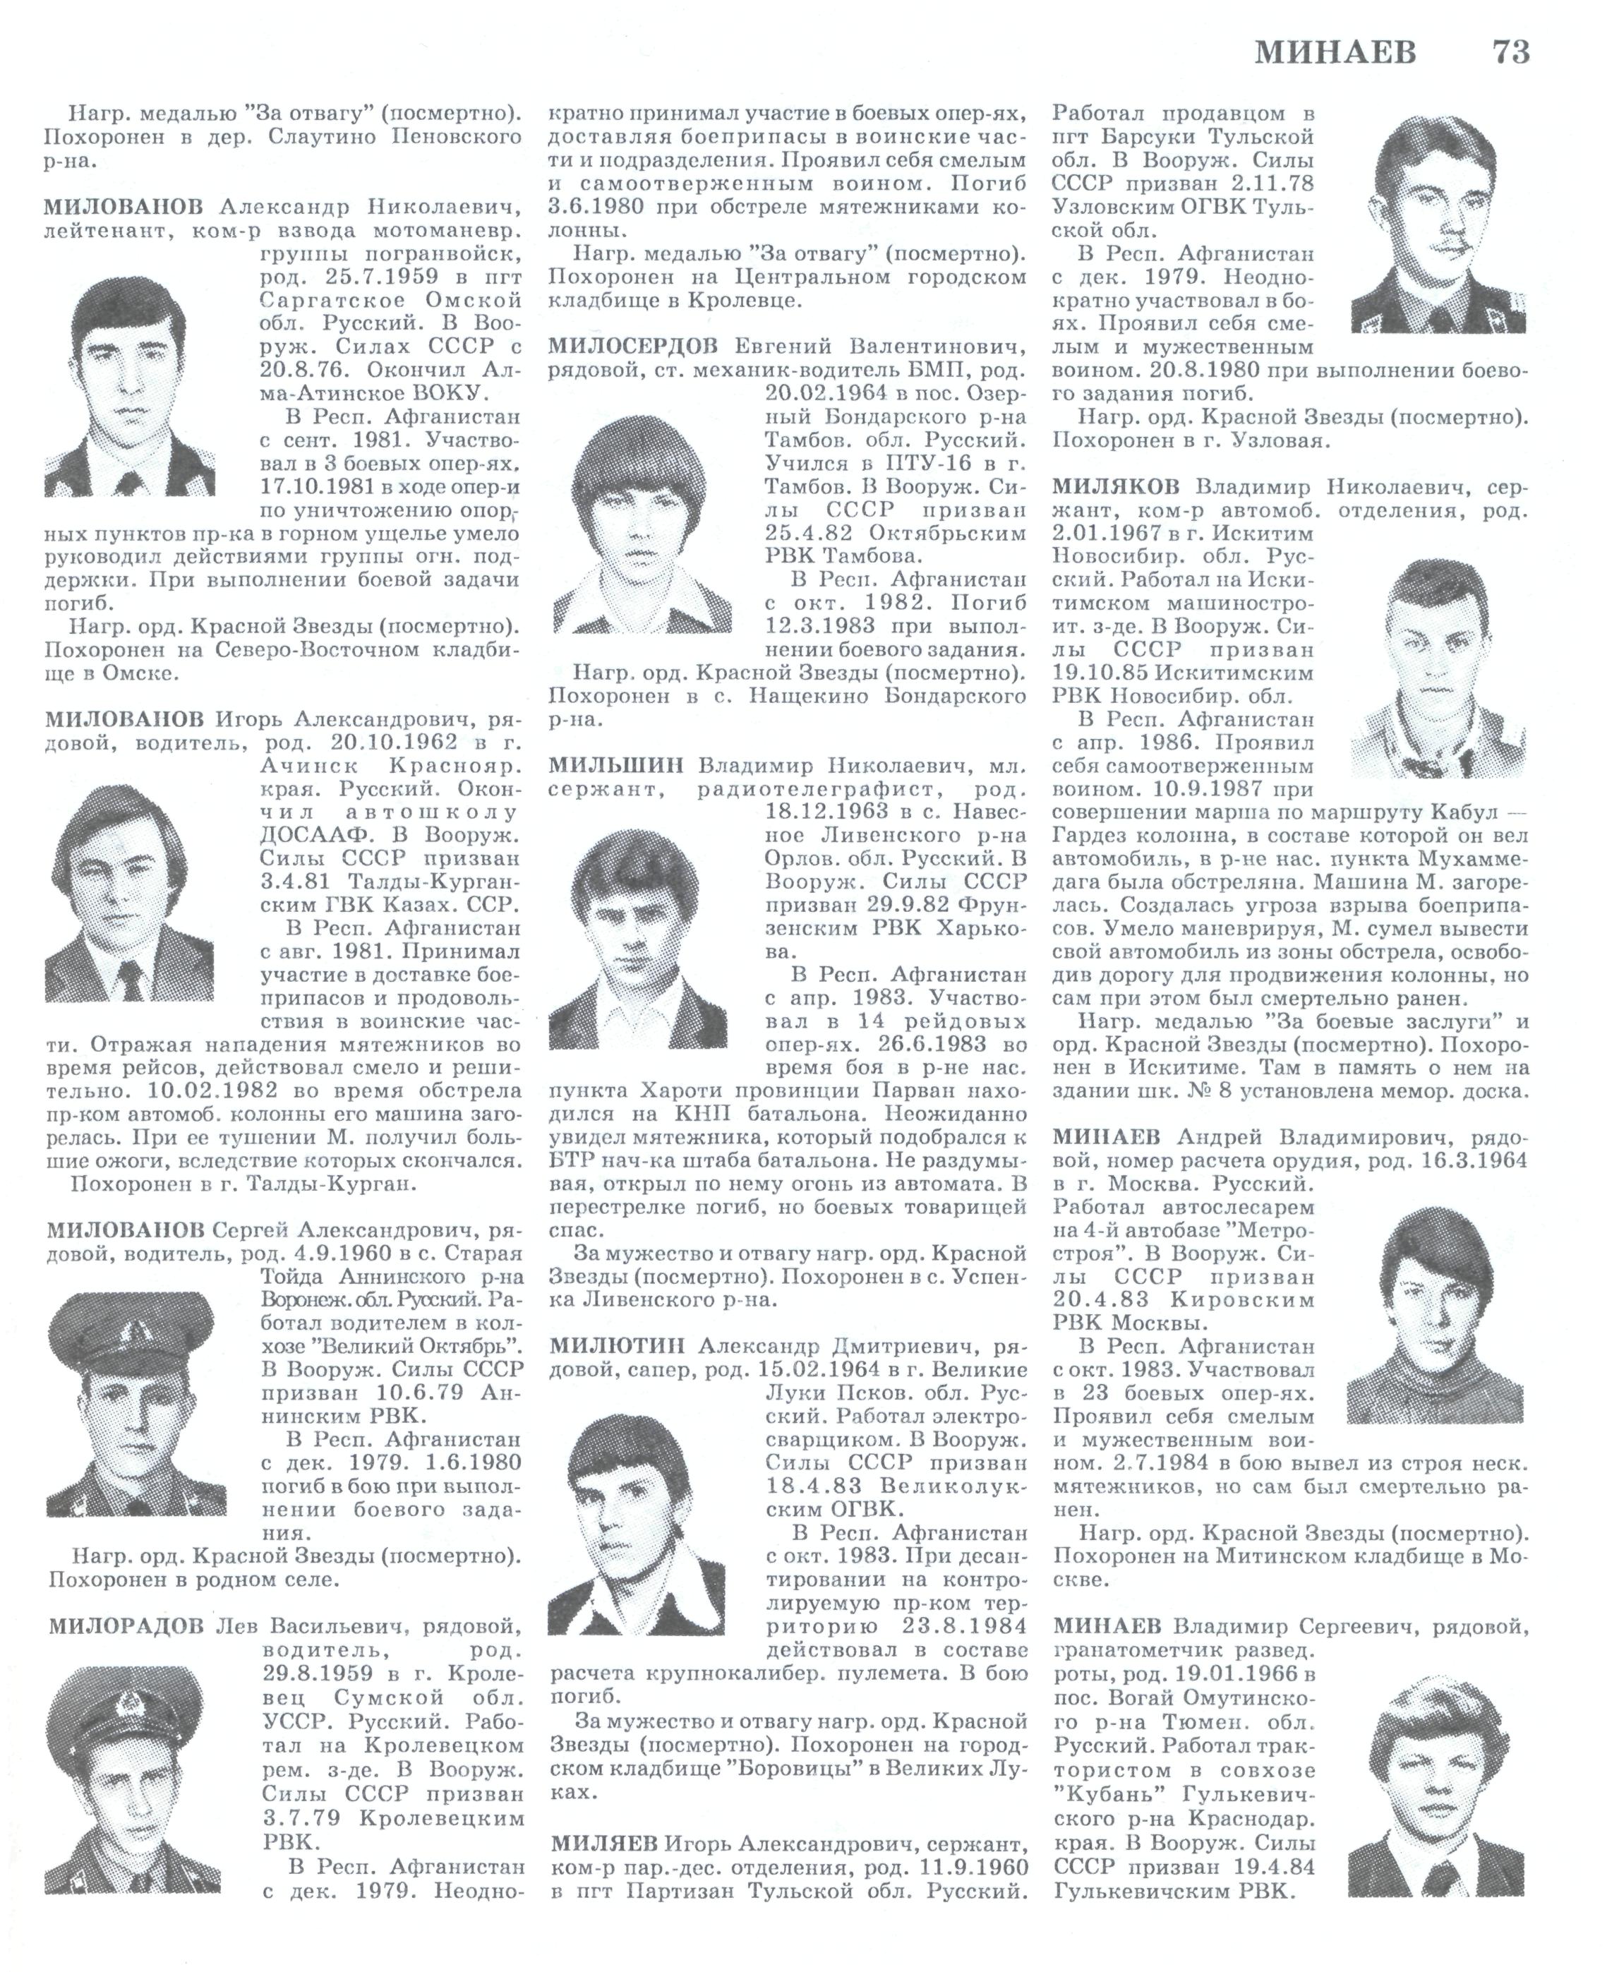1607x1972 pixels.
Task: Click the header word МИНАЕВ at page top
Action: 1336,53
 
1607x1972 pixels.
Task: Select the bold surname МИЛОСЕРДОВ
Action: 633,348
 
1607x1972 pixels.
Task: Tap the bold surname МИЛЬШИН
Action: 615,766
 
